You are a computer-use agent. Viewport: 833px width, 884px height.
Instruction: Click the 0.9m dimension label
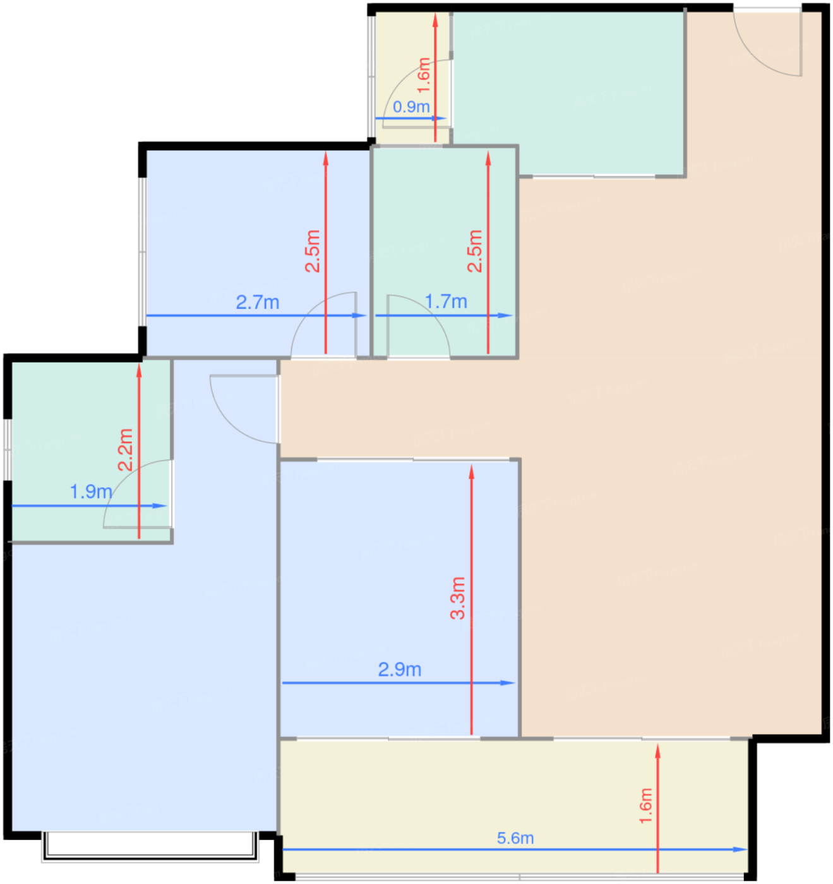click(x=411, y=107)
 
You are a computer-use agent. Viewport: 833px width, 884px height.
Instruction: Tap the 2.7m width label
click(x=257, y=302)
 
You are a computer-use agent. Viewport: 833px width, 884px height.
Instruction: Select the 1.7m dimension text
click(x=446, y=302)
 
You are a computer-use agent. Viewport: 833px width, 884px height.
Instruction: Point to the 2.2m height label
click(x=125, y=450)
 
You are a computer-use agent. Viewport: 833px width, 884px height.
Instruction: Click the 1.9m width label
click(x=92, y=492)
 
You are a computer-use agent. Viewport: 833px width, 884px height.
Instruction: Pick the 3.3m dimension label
click(x=458, y=598)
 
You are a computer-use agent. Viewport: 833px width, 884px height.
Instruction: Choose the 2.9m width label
click(x=399, y=669)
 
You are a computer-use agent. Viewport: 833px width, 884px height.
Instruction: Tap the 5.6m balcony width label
click(x=515, y=838)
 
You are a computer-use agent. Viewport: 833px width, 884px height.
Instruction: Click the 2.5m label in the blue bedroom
click(x=312, y=251)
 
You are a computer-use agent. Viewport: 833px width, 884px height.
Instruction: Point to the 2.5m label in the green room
click(x=474, y=251)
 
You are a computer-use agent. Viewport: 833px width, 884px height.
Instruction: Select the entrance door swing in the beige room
click(x=767, y=42)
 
